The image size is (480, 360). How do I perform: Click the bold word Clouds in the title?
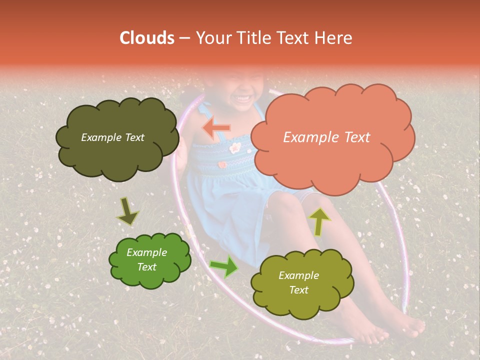147,38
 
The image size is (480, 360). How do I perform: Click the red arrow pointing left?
216,128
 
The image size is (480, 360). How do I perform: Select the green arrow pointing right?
223,266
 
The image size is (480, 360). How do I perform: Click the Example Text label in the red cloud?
326,137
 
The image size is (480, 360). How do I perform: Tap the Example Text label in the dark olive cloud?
112,137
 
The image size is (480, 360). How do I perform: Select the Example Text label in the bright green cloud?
147,259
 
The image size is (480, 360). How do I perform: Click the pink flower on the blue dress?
234,147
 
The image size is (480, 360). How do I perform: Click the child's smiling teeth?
243,97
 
